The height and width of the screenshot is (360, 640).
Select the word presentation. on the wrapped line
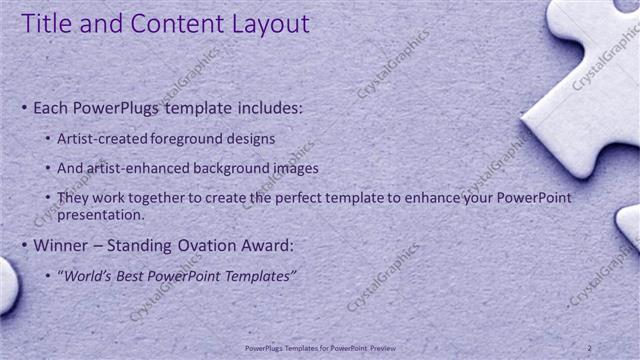[103, 214]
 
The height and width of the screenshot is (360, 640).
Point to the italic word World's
[87, 275]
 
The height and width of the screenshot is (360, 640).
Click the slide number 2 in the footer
[590, 347]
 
